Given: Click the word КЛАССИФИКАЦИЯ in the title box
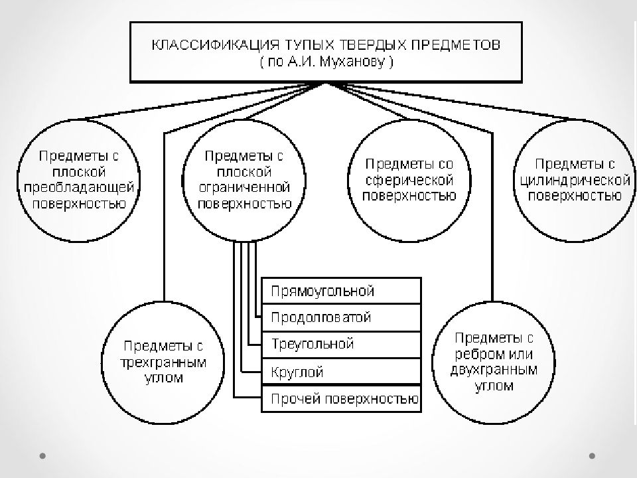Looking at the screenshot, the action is point(215,44).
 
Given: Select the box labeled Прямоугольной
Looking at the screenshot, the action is point(341,291).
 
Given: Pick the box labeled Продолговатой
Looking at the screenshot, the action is point(341,317).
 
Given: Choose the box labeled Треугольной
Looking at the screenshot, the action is point(341,345).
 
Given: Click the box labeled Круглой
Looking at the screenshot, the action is point(341,371).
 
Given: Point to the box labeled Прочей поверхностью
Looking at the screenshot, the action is point(341,399).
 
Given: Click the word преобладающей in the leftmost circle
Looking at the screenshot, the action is point(79,187).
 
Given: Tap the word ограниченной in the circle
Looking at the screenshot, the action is point(244,187).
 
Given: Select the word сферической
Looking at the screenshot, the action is point(409,180).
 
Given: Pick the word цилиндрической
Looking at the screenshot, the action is point(575,180).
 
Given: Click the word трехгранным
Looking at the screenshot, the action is point(163,362).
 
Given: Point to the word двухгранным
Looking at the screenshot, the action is point(494,370).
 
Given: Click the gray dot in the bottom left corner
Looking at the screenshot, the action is point(42,455).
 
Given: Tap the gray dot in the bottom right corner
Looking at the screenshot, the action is point(592,455).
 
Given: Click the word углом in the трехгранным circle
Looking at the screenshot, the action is point(164,378).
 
